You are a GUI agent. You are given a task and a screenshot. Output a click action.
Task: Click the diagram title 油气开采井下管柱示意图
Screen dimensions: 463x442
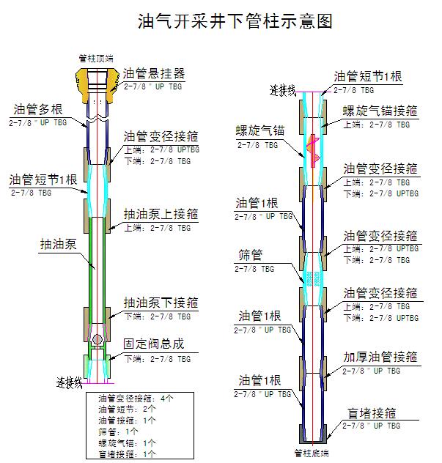235,22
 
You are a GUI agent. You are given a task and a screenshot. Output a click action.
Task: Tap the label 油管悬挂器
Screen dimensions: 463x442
153,74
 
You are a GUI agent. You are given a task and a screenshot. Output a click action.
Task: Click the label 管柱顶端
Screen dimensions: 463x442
96,56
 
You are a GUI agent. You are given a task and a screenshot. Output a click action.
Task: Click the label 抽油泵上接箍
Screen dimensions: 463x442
161,215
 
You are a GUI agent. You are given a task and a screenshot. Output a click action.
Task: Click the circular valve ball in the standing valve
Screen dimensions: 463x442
97,339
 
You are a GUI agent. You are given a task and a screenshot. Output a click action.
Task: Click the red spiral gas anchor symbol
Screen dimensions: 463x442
312,147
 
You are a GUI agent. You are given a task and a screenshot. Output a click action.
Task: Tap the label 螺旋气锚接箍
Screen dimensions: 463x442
380,112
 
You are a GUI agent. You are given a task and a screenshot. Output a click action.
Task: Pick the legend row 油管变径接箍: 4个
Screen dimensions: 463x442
136,399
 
